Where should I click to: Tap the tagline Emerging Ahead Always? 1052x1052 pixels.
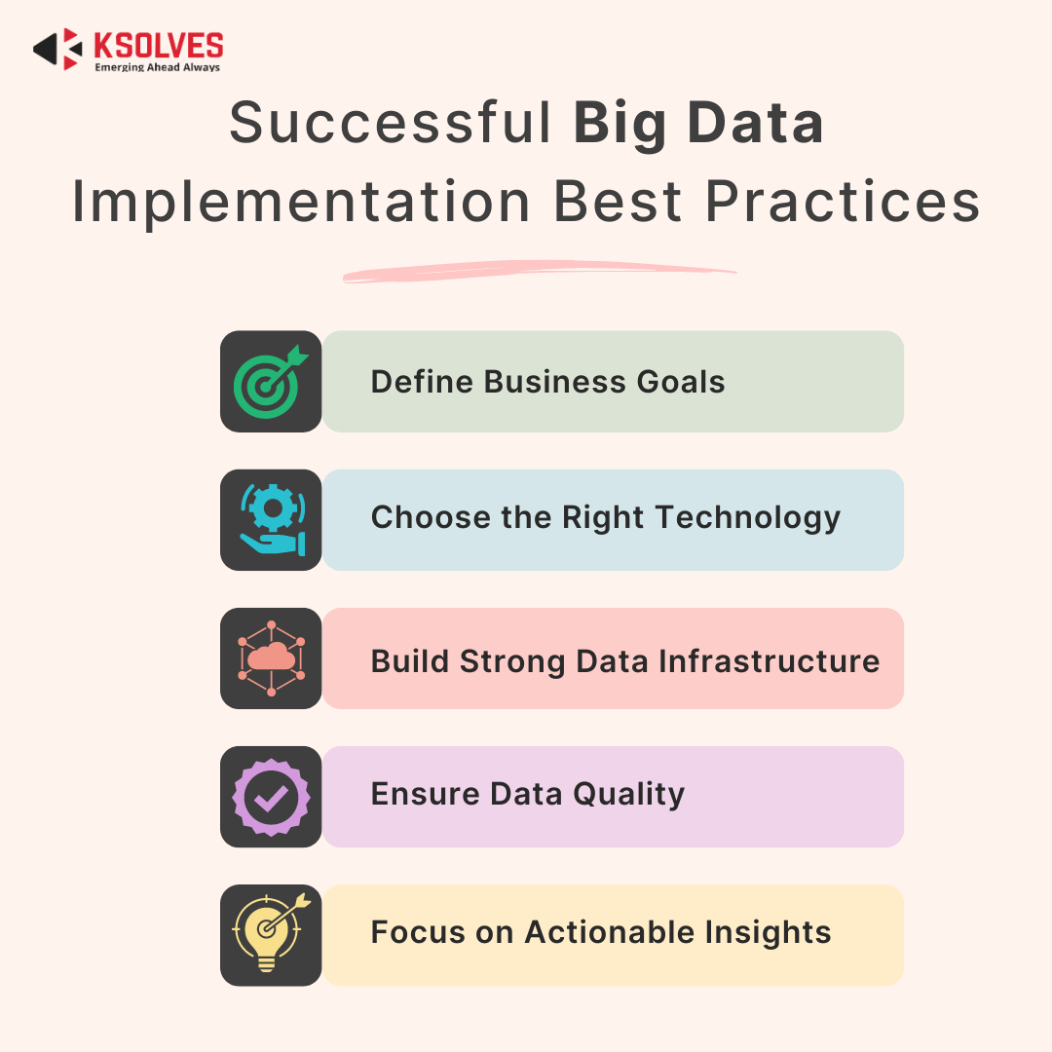point(157,68)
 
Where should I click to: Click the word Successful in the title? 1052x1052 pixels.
point(390,124)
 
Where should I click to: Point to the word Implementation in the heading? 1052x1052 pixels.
point(302,203)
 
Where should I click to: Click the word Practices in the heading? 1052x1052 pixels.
point(843,203)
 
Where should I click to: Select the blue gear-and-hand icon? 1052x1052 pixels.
point(271,520)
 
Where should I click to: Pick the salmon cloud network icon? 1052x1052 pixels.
point(271,658)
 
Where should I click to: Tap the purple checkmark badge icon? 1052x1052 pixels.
point(271,797)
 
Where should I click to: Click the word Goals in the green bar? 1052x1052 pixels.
point(681,382)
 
